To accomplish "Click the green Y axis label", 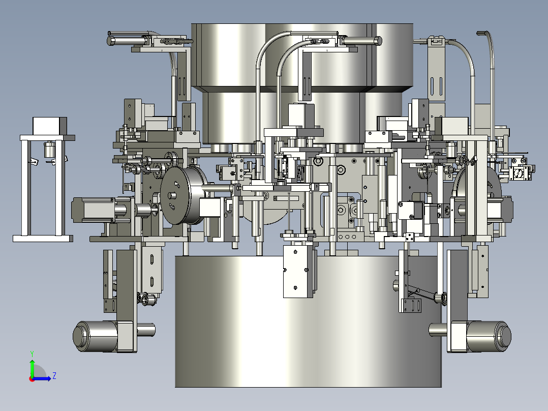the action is pos(32,354).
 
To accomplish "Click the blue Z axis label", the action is pos(54,376).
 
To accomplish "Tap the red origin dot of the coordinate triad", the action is pos(32,379).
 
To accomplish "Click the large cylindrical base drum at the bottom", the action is pos(308,321).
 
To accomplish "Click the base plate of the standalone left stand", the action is pos(43,239).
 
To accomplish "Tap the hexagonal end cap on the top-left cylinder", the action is pos(111,41).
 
